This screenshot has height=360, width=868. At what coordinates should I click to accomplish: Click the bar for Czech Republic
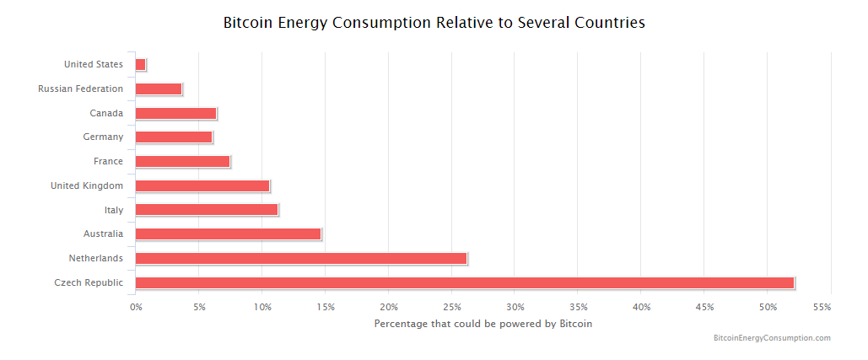[x=464, y=282]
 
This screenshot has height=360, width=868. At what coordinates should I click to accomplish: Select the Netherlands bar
[x=300, y=258]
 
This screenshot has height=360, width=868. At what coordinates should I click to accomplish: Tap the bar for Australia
[x=228, y=234]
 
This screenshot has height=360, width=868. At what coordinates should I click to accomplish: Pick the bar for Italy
[x=206, y=210]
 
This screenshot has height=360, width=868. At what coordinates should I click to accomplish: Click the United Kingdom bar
[x=202, y=185]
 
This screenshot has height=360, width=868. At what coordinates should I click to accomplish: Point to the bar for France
[x=182, y=161]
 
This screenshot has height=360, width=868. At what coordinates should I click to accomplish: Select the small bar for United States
[x=140, y=64]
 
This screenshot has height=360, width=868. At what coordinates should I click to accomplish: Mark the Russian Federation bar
[x=158, y=89]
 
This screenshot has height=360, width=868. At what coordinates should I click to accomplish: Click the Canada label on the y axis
[x=106, y=113]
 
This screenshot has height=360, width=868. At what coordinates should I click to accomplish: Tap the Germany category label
[x=103, y=137]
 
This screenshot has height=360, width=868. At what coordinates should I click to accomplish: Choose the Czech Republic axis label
[x=88, y=282]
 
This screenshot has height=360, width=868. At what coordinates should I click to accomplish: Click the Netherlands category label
[x=95, y=258]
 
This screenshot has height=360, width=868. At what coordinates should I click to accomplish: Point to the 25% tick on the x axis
[x=451, y=307]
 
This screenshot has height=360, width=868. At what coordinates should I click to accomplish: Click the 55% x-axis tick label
[x=822, y=307]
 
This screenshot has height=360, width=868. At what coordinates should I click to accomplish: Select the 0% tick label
[x=136, y=307]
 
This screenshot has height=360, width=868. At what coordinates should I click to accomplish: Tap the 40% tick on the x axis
[x=641, y=307]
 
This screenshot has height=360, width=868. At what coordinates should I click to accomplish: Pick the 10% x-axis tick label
[x=261, y=307]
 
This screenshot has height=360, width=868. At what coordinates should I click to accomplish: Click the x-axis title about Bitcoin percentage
[x=483, y=323]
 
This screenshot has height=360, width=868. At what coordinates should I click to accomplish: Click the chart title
[x=434, y=23]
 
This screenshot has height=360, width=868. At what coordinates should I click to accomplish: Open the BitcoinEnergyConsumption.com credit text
[x=772, y=338]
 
